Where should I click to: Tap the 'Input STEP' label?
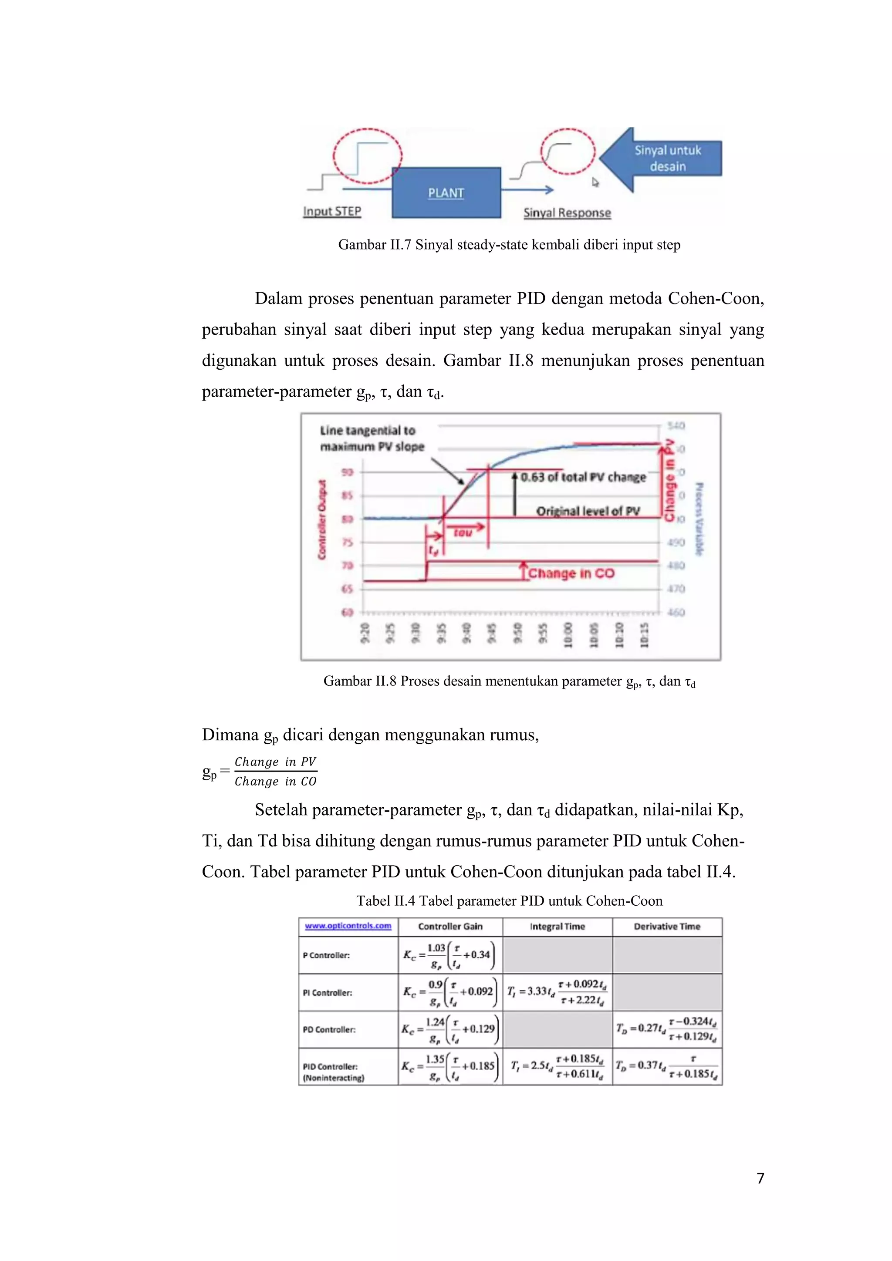coord(332,212)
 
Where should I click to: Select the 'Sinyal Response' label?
coord(567,212)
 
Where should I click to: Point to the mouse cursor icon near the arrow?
coord(595,182)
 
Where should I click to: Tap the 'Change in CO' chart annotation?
coord(571,573)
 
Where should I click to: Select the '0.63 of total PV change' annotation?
coord(583,477)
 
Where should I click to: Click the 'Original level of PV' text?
coord(588,511)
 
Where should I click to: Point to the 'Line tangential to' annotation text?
coord(368,431)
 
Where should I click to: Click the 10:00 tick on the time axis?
coord(568,635)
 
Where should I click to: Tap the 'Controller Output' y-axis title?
coord(322,519)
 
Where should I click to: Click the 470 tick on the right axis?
coord(676,589)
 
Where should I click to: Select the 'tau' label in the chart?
coord(463,533)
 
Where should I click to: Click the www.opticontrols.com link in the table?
coord(348,926)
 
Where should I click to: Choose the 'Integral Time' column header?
coord(557,927)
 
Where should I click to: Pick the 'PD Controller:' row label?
coord(329,1029)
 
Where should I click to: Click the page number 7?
coord(760,1178)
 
